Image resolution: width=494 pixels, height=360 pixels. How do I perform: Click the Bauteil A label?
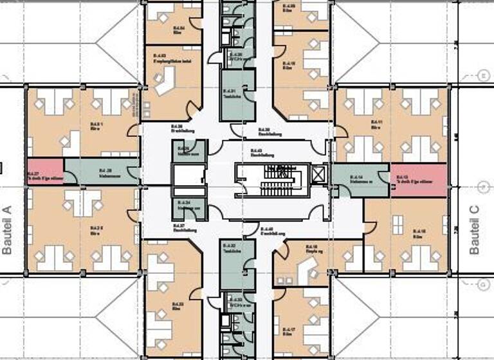click(8, 230)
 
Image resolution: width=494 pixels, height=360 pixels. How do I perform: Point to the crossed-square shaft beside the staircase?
click(318, 174)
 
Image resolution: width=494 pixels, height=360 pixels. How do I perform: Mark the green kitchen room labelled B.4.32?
click(236, 263)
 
